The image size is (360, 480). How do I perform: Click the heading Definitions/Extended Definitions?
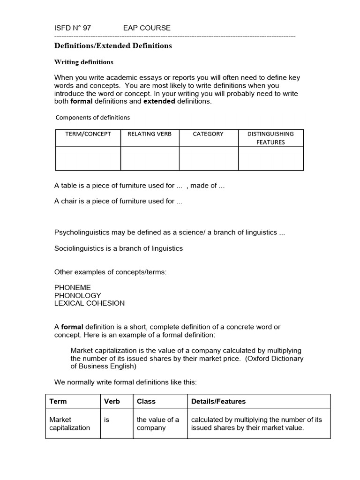(113, 46)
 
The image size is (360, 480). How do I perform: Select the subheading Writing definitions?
(84, 62)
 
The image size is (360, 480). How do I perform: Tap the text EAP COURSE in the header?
(147, 28)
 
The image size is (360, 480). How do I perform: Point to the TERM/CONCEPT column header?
(88, 134)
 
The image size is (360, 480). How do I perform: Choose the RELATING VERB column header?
(150, 134)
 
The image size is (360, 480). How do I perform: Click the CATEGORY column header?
(208, 134)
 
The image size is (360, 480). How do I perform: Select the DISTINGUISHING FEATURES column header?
(270, 138)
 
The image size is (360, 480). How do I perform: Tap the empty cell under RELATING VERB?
(150, 158)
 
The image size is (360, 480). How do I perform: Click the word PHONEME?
(73, 287)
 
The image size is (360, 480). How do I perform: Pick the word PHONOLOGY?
(78, 295)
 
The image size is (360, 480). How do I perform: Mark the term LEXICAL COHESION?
(90, 303)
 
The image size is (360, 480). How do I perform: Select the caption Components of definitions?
(93, 118)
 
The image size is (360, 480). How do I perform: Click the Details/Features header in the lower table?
(218, 401)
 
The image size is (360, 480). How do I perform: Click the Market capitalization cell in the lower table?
(70, 424)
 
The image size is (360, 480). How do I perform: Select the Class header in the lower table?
(146, 401)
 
